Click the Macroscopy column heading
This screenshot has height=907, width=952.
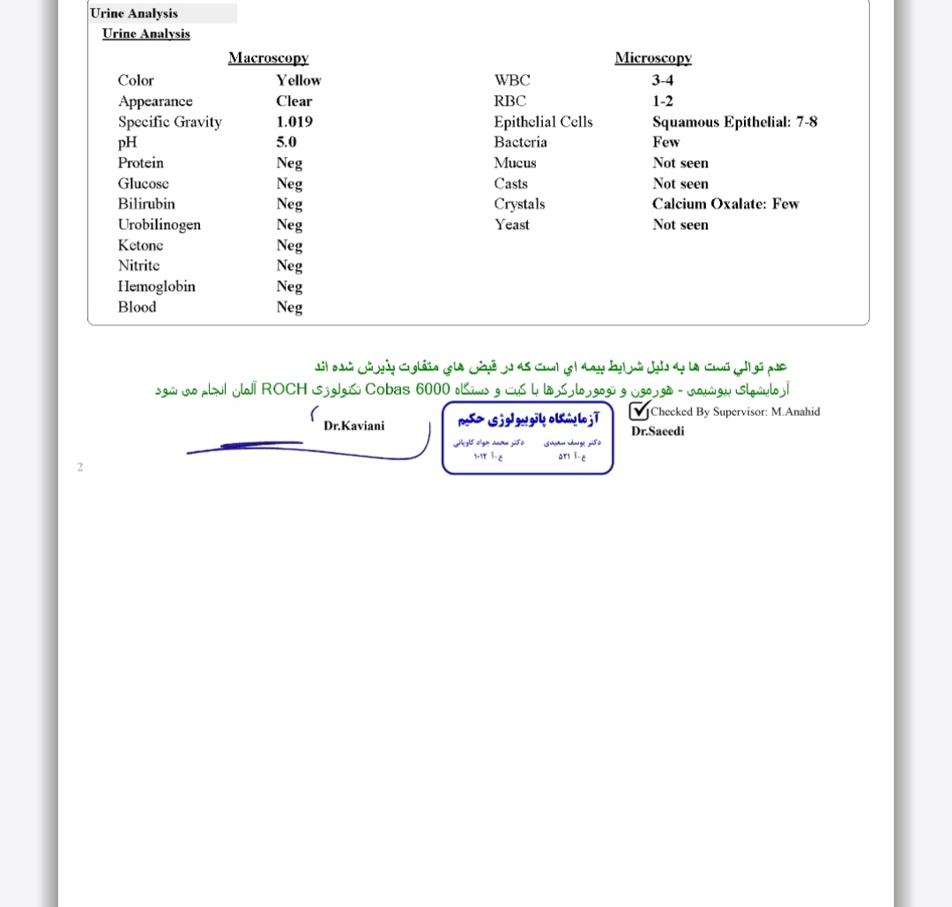tap(268, 58)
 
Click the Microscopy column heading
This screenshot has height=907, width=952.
tap(652, 58)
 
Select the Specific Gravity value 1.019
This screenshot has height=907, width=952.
tap(294, 122)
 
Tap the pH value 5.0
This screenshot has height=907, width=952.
tap(286, 142)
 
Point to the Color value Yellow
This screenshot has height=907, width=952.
tap(298, 80)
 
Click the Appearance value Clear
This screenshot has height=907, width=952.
tap(294, 101)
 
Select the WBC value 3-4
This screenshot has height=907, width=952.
tap(663, 80)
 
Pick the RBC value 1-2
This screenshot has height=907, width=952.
tap(662, 101)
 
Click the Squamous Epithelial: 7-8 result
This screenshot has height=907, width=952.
tap(734, 122)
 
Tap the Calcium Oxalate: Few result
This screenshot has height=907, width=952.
tap(725, 204)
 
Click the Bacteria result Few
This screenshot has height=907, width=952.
tap(666, 142)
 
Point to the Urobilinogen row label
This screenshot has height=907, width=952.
tap(159, 225)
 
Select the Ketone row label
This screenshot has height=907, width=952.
tap(140, 245)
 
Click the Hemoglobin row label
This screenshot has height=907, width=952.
tap(156, 286)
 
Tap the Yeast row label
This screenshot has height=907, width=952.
tap(511, 225)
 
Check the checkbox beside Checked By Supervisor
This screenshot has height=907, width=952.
tap(639, 411)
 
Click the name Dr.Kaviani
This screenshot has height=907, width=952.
tap(353, 426)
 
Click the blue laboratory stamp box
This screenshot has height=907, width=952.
tap(527, 438)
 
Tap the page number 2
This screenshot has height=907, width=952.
tap(80, 466)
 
